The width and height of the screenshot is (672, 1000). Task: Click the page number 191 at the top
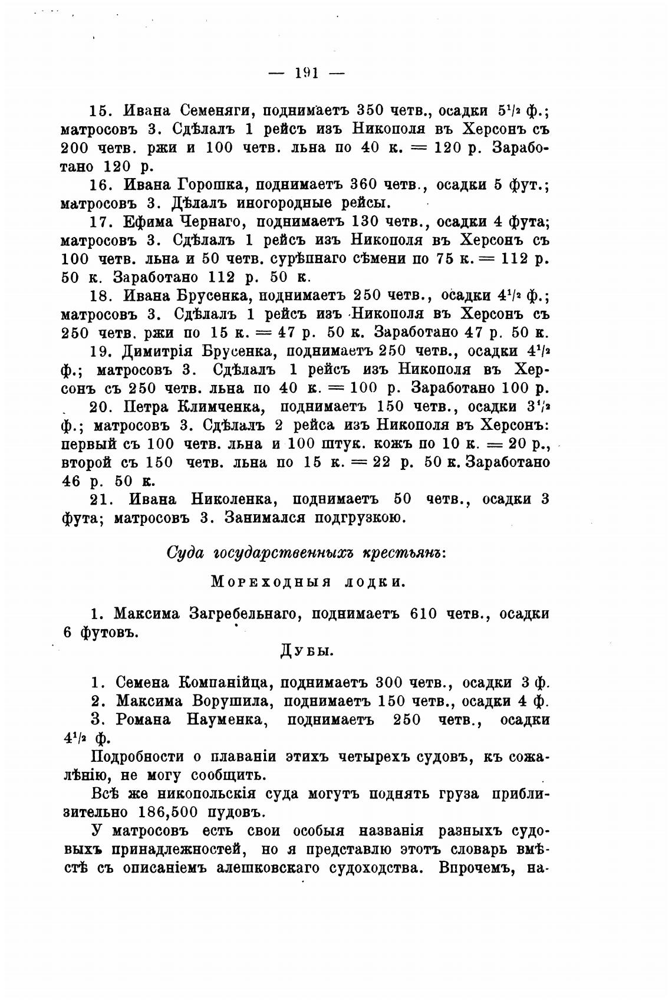pos(306,73)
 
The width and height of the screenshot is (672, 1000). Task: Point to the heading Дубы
pos(306,651)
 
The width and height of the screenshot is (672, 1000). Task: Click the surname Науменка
pos(228,719)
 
